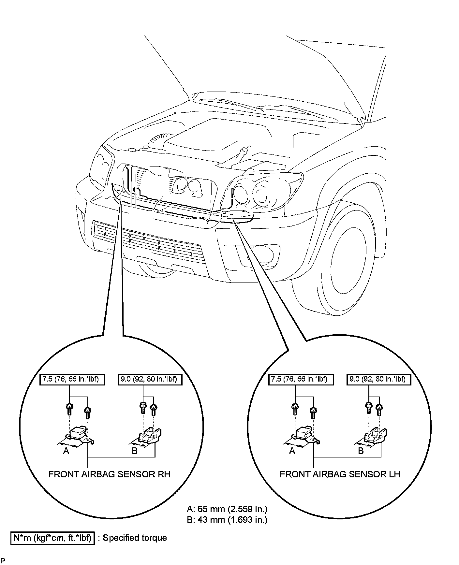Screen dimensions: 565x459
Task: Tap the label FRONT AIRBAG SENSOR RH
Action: [109, 474]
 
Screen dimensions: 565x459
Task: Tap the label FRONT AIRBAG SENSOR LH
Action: [340, 474]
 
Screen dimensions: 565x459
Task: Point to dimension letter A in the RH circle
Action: [66, 451]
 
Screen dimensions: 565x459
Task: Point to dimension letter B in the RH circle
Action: [134, 451]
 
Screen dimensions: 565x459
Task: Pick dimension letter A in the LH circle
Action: [292, 451]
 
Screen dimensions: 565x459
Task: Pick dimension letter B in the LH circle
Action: [361, 451]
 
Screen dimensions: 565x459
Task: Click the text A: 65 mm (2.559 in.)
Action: [227, 509]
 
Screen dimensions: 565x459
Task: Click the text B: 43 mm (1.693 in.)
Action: [227, 520]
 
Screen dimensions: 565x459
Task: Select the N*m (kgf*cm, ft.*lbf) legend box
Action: [52, 538]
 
